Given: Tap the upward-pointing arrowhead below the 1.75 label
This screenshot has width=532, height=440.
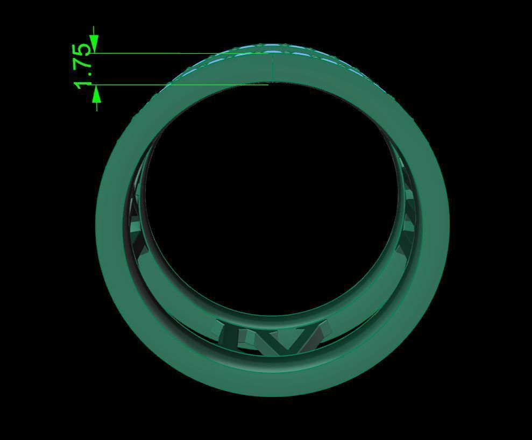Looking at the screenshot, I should point(96,94).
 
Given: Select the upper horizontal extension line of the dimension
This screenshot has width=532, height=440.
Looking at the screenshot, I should point(161,53).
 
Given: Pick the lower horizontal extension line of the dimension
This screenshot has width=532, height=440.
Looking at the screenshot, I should point(161,84).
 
